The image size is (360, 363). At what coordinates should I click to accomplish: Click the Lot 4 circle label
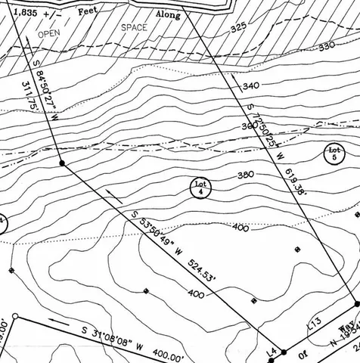point(200,188)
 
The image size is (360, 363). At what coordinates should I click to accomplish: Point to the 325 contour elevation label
point(239,28)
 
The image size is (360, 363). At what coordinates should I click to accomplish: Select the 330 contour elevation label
point(327,46)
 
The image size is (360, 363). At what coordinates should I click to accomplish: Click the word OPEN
point(49,34)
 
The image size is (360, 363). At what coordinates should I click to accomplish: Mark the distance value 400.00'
point(169,355)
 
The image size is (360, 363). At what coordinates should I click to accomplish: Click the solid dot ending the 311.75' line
point(62,162)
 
